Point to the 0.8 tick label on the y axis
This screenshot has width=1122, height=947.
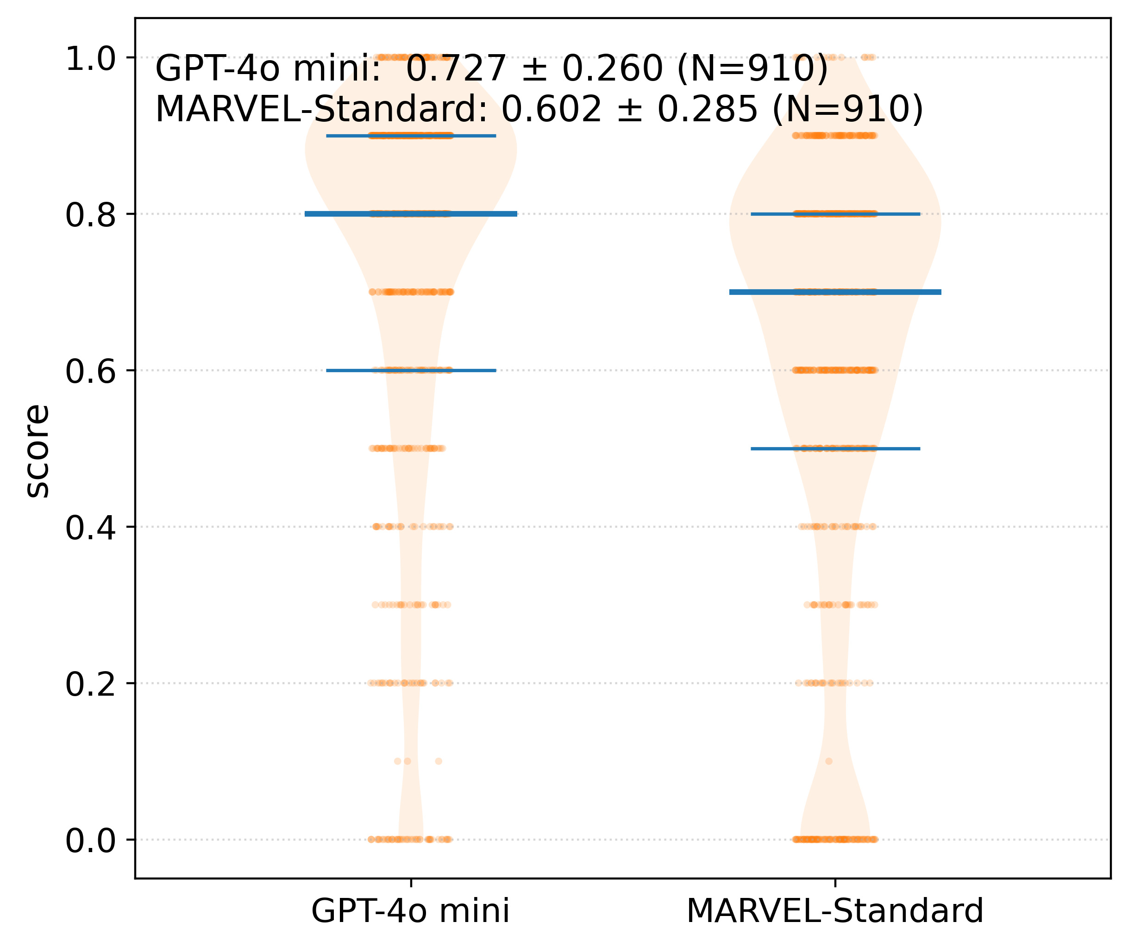click(90, 216)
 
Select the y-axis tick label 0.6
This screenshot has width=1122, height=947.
click(90, 372)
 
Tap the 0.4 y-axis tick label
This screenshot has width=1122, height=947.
click(90, 528)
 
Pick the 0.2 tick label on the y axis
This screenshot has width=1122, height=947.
click(90, 685)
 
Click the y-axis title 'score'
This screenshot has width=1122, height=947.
click(38, 451)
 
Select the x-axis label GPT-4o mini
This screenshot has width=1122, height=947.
click(410, 911)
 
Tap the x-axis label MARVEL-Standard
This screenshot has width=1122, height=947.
click(834, 911)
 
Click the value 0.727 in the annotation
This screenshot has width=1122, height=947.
click(456, 69)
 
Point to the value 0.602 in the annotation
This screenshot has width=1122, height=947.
click(551, 110)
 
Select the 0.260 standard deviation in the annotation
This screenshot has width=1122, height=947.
click(612, 69)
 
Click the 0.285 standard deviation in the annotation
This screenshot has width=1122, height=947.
click(708, 110)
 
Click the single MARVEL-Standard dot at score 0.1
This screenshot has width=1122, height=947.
click(829, 761)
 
